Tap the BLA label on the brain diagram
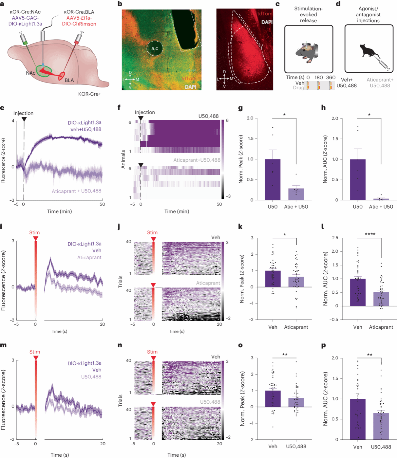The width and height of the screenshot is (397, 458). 69,80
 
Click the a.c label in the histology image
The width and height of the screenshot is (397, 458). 155,48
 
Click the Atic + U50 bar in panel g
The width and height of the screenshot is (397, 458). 296,194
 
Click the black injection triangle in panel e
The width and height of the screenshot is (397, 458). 24,119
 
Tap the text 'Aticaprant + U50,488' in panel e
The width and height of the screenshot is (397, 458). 76,191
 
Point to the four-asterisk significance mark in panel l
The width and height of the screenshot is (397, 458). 370,234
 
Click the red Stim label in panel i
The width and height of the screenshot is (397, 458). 34,232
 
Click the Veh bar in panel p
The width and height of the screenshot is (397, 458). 358,419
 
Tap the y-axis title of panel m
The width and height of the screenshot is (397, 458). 4,400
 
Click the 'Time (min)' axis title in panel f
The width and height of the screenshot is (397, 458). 177,211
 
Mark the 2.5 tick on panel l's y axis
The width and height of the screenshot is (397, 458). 335,238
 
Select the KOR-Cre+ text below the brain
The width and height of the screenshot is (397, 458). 89,94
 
